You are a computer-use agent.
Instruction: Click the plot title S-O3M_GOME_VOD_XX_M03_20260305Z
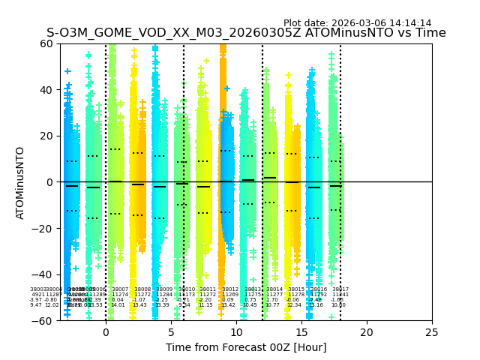point(246,33)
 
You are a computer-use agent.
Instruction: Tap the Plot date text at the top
point(357,23)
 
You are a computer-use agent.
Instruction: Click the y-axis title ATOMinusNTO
point(21,182)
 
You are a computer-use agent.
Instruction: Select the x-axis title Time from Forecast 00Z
point(246,347)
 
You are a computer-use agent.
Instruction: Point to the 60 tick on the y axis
point(46,43)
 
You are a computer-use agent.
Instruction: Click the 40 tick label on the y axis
point(46,90)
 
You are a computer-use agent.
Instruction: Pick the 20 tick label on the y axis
point(46,136)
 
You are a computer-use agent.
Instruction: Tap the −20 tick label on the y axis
point(43,229)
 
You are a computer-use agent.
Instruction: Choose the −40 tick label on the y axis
point(43,274)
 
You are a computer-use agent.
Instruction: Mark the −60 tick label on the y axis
point(43,321)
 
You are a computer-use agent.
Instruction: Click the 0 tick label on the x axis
point(106,332)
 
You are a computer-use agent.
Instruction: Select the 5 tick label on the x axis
point(171,332)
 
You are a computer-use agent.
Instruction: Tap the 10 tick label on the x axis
point(236,332)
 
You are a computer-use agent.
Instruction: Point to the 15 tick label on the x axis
point(301,332)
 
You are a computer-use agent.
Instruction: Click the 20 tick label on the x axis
point(367,332)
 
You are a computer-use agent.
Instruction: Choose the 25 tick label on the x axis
point(432,332)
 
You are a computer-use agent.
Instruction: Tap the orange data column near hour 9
point(223,112)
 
